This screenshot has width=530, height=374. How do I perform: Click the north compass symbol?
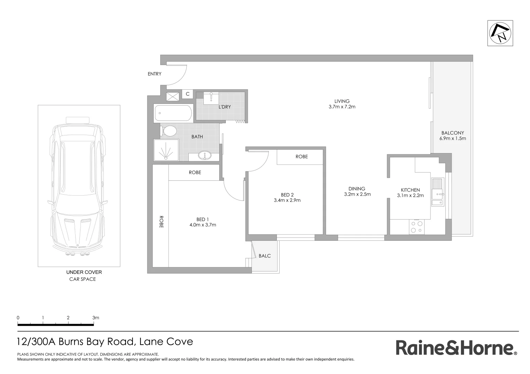point(500,33)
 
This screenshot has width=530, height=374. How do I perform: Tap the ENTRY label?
point(154,74)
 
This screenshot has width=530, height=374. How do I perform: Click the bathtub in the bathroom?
point(173,113)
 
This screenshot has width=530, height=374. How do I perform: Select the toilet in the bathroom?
point(169,131)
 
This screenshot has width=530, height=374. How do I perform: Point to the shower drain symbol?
point(166,150)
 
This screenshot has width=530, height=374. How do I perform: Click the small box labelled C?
point(188,94)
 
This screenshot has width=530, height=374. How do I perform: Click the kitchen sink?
point(437,192)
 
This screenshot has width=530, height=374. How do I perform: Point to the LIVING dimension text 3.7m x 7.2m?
point(342,107)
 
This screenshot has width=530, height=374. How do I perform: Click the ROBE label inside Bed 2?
point(301,157)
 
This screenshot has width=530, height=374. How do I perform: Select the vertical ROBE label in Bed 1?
point(161,222)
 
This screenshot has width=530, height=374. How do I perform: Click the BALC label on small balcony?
point(265,256)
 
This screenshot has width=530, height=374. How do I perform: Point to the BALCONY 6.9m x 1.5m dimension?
point(452,139)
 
